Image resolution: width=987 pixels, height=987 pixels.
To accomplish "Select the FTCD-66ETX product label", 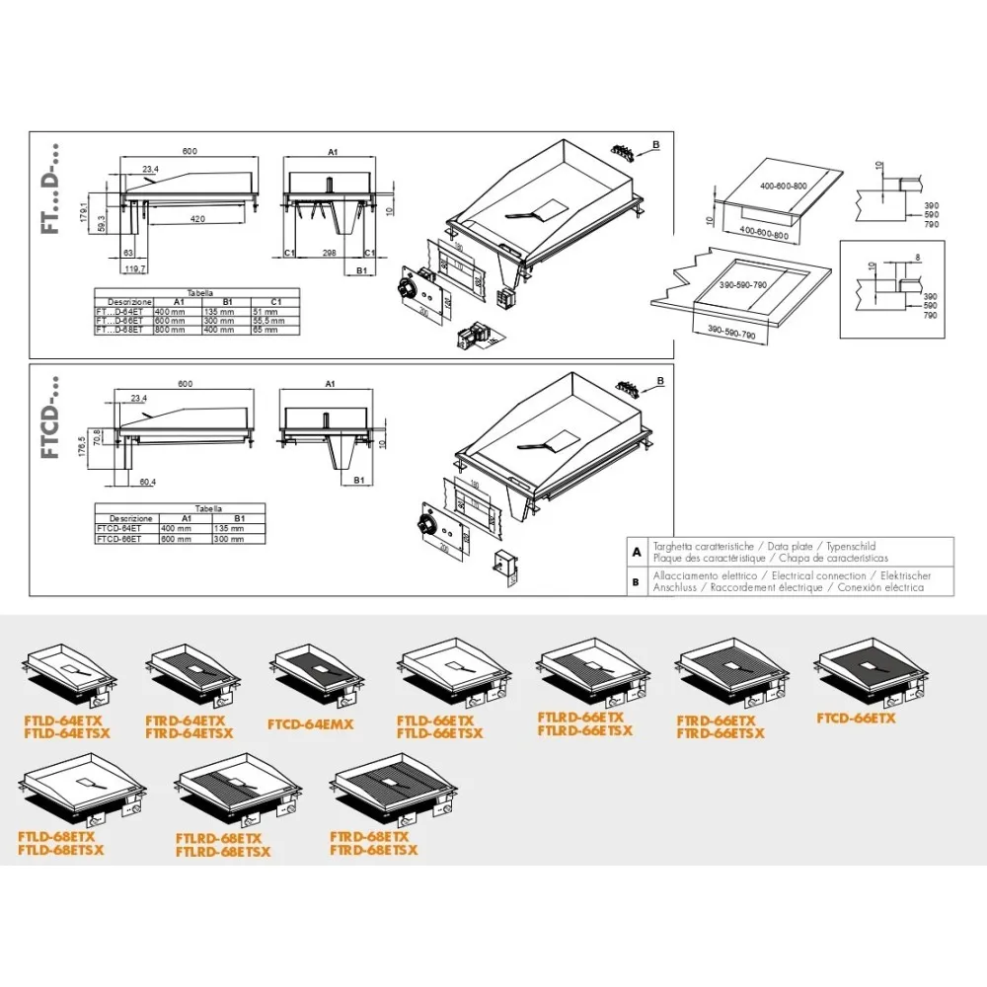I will pyautogui.click(x=857, y=719).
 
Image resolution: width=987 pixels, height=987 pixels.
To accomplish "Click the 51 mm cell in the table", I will pyautogui.click(x=266, y=310).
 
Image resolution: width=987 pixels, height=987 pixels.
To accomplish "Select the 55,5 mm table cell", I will pyautogui.click(x=266, y=320).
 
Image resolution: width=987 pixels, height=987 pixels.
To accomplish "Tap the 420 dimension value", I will pyautogui.click(x=197, y=220).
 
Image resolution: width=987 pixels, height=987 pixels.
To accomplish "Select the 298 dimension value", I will pyautogui.click(x=331, y=253).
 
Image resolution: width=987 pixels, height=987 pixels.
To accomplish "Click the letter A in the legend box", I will pyautogui.click(x=637, y=552).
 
